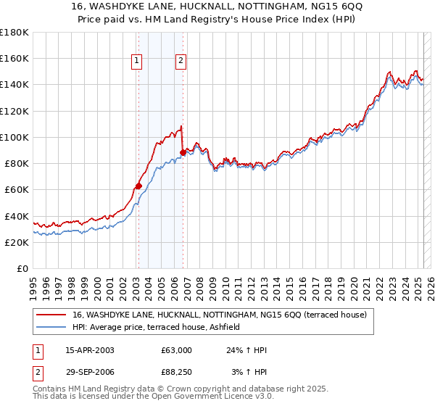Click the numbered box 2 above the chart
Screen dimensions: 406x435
(x=181, y=62)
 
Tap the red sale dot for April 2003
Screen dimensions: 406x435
(x=138, y=186)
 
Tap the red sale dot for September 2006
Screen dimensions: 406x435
(x=183, y=152)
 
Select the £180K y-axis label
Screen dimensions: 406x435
(x=14, y=33)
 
